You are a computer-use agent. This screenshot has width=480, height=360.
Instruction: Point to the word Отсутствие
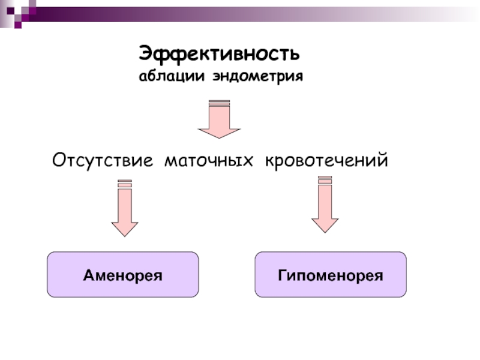pos(104,160)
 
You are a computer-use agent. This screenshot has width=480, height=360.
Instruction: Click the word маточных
pos(209,160)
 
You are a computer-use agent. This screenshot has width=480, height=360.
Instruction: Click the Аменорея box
pos(123,275)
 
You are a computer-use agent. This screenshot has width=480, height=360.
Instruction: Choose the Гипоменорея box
pos(331,275)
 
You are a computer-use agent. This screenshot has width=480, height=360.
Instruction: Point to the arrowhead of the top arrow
pos(219,131)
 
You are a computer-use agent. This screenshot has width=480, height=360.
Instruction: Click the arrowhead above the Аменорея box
pos(125,228)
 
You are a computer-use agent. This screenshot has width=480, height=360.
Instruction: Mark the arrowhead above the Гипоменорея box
pos(325,224)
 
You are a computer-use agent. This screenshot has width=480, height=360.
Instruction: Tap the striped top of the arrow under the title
pos(219,103)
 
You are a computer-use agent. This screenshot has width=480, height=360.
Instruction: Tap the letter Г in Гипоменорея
pos(283,275)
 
